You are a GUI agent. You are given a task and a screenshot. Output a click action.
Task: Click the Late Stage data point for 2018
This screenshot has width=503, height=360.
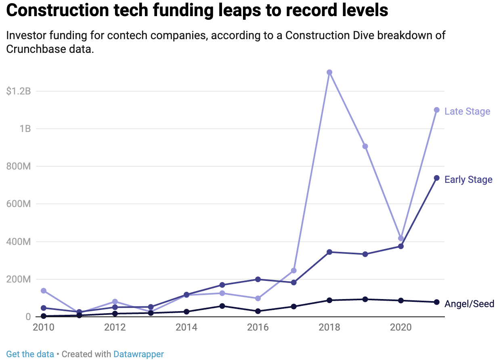[x=329, y=72]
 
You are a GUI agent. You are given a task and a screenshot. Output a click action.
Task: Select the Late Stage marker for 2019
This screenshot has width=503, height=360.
[x=365, y=146]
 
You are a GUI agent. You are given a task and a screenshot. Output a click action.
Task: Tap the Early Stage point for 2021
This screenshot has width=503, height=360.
[x=436, y=178]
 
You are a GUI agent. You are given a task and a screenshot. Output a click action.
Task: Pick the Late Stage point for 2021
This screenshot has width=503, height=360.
[x=436, y=110]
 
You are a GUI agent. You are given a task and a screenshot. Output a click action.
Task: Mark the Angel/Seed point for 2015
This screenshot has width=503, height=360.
[x=222, y=306]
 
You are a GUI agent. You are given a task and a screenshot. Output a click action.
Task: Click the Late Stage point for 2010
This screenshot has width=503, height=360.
[x=44, y=291]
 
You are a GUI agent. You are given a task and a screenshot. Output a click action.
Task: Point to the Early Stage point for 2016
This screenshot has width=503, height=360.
[x=258, y=279]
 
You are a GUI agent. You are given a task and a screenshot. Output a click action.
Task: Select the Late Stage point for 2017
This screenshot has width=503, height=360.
[x=293, y=270]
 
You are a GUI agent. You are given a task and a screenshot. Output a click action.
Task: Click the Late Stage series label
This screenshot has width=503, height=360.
[x=467, y=111]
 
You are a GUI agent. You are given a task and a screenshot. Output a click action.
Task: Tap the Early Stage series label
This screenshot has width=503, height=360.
[x=468, y=180]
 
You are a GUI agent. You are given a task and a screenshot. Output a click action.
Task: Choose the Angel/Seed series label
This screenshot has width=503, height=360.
[x=469, y=304]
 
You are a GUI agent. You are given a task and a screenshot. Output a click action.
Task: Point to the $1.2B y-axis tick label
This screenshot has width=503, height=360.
[x=19, y=91]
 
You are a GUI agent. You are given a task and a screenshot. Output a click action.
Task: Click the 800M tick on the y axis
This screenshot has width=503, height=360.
[x=19, y=166]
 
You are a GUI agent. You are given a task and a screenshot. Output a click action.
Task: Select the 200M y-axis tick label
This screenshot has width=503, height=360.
[x=19, y=279]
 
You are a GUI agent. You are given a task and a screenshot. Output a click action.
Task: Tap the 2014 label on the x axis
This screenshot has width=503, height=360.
[x=187, y=327]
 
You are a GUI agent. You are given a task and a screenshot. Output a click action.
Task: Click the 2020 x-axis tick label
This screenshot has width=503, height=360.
[x=400, y=327]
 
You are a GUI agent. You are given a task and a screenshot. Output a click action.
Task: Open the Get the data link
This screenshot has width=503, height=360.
[x=30, y=354]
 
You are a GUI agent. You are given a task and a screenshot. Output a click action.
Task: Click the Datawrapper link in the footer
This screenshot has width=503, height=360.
[x=138, y=354]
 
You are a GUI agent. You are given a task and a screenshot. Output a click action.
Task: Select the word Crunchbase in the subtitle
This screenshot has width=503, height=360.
[x=37, y=49]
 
